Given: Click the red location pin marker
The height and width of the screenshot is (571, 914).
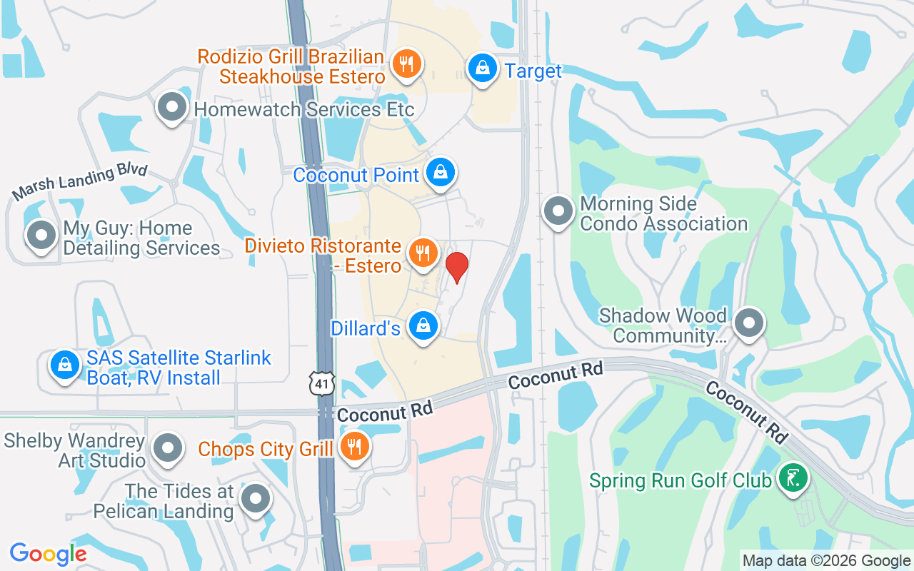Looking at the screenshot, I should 456,267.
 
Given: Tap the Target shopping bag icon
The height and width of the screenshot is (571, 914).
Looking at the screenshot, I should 483,69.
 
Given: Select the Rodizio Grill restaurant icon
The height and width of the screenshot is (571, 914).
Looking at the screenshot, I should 406,65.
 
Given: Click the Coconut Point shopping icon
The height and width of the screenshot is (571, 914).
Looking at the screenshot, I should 441,173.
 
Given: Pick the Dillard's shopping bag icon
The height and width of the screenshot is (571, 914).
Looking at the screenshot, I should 423,325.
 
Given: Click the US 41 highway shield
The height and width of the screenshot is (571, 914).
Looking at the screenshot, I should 322,384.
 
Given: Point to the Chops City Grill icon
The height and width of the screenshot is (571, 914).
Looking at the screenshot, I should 353,447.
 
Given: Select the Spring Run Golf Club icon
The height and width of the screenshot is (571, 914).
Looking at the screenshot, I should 792,478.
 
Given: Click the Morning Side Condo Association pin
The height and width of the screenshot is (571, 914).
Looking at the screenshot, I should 558,211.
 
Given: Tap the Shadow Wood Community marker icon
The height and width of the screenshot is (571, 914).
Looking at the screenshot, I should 749,323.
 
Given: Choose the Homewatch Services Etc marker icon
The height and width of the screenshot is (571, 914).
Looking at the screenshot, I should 171,108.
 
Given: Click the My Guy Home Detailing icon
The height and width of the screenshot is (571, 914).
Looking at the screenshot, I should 41,236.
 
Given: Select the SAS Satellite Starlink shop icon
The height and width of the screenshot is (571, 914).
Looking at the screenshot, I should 65,365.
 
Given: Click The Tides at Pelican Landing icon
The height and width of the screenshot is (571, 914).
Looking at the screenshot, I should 255,500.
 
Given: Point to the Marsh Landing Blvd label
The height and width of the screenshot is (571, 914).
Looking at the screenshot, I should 80,182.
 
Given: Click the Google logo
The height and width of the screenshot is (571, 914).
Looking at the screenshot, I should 48,553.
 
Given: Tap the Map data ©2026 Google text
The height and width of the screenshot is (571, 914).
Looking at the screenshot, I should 825,561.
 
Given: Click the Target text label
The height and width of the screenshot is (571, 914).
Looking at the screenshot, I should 533,71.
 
